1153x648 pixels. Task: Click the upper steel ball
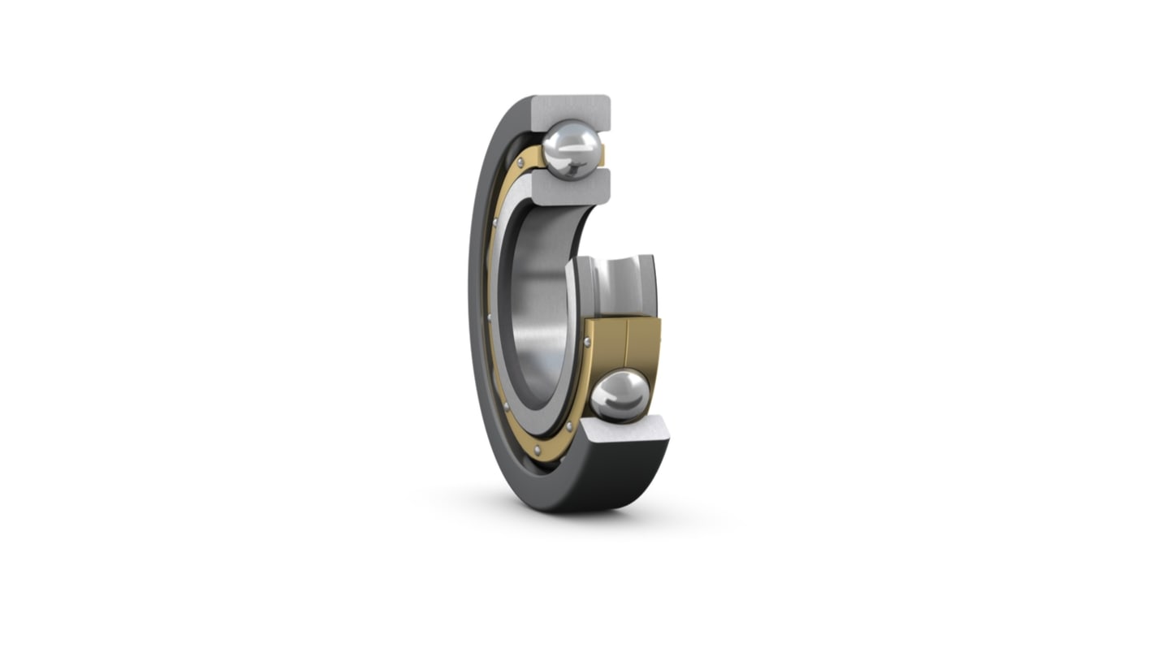pyautogui.click(x=572, y=149)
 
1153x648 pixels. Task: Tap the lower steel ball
pyautogui.click(x=620, y=395)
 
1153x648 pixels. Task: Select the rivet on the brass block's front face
pyautogui.click(x=587, y=342)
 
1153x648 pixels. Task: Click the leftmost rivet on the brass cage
pyautogui.click(x=489, y=317)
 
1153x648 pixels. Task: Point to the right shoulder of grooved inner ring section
pyautogui.click(x=648, y=284)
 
